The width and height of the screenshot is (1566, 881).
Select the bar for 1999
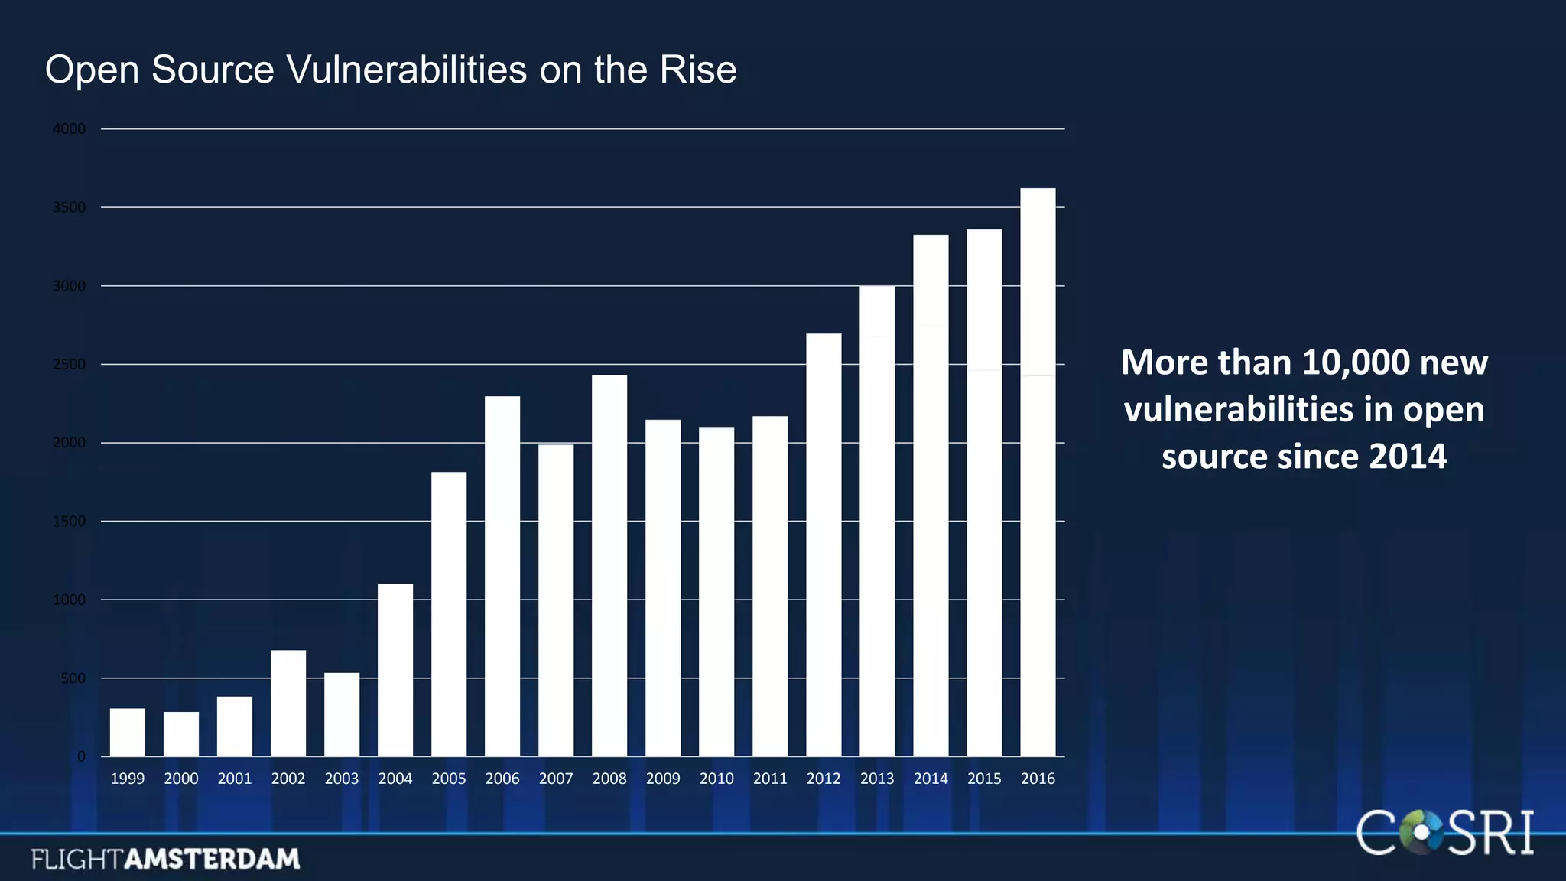tap(128, 733)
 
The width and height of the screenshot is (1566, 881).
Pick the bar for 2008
tap(609, 566)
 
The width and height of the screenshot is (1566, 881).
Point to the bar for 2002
tap(288, 704)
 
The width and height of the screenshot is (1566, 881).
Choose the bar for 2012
tap(824, 545)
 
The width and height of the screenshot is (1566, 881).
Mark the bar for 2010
tap(716, 592)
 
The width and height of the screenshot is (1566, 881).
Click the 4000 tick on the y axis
tap(69, 129)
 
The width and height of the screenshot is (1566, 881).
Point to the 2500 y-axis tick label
tap(69, 365)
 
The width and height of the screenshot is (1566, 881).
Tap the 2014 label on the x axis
tap(931, 779)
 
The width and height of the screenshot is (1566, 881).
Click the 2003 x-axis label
tap(342, 779)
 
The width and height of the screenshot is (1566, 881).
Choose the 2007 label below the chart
tap(556, 779)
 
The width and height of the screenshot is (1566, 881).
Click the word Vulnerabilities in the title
tap(407, 70)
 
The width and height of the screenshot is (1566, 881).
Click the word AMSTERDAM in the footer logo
tap(212, 859)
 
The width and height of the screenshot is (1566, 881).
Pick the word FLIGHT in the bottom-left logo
tap(76, 859)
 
